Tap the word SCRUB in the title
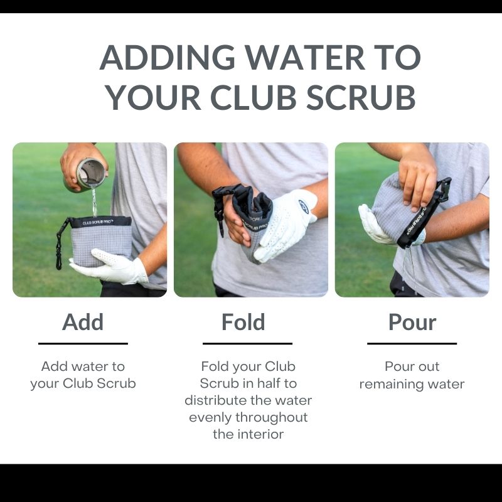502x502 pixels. pos(361,97)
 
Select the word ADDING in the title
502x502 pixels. pos(167,58)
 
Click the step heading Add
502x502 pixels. pos(83,322)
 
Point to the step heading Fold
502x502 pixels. pos(243,322)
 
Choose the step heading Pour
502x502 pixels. pos(412,322)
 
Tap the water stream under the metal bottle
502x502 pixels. pos(94,202)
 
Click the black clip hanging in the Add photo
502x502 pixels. pos(60,243)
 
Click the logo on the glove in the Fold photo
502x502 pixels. pos(303,206)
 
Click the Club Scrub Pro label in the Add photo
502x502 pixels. pos(97,222)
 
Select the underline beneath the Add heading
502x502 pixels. pos(83,343)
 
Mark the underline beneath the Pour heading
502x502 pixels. pos(412,343)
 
